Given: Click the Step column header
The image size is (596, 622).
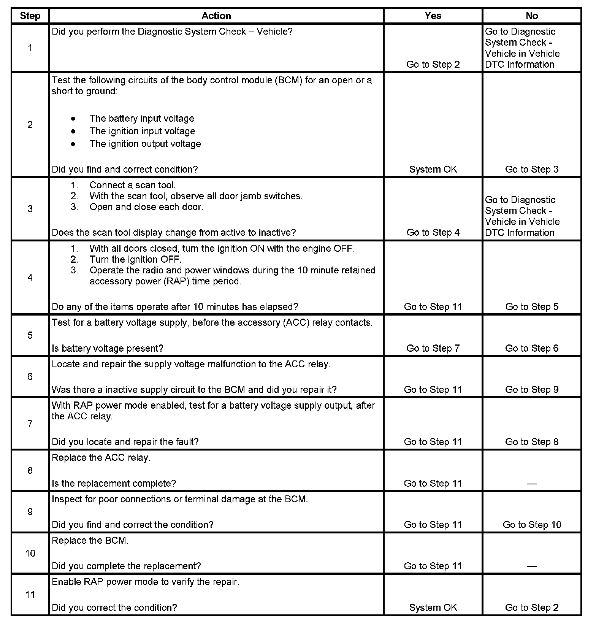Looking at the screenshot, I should (x=30, y=16).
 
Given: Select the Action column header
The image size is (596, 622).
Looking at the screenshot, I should (x=216, y=16).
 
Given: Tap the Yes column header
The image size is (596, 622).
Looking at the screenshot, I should (x=433, y=16).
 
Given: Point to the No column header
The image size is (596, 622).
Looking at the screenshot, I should (x=532, y=16).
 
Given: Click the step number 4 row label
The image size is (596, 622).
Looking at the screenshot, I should (x=30, y=278).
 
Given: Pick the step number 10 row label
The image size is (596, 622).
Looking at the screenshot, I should (x=30, y=553).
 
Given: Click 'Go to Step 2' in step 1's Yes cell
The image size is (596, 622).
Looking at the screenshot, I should (x=433, y=64).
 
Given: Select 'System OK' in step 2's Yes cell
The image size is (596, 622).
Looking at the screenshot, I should (x=433, y=169).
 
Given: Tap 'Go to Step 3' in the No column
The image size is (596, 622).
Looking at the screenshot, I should (x=532, y=169).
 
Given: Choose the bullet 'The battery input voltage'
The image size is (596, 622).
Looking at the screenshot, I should (x=142, y=119).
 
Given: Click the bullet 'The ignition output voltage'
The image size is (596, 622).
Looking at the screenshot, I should (x=145, y=144).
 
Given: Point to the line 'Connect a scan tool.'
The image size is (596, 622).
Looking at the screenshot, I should (x=133, y=185).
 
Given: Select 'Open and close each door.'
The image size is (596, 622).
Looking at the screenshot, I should (x=146, y=207).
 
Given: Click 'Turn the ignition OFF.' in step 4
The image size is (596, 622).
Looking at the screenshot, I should (x=136, y=259).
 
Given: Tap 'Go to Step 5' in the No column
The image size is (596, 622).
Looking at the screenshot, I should (x=532, y=307).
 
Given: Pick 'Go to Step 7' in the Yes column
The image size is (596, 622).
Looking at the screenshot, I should (x=433, y=348).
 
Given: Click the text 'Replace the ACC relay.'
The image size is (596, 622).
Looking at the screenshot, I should (x=101, y=457).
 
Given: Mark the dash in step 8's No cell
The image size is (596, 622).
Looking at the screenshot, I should (x=532, y=484).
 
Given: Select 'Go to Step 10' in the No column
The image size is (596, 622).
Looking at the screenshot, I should (x=532, y=525).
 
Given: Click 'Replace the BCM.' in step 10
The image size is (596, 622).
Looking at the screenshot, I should (x=90, y=540).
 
